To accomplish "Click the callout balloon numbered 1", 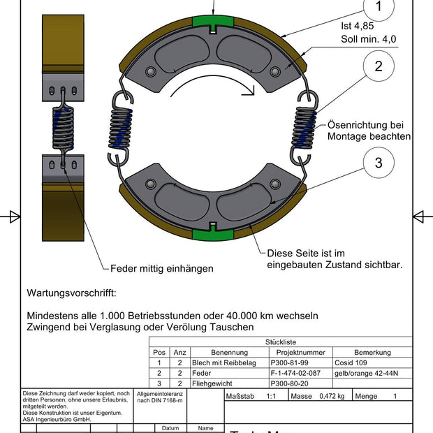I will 378,8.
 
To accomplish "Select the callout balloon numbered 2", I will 378,67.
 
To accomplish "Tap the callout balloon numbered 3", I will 378,163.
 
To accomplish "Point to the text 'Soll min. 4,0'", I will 369,39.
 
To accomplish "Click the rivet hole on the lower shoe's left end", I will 149,184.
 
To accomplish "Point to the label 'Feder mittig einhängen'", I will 162,268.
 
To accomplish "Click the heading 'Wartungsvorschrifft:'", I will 71,293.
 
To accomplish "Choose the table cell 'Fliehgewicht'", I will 214,383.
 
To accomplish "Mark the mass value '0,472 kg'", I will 328,396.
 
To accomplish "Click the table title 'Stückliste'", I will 281,342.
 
